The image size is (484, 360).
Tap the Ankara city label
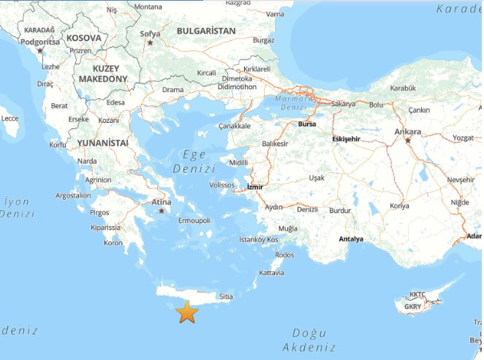tap(408, 132)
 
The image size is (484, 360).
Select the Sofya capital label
tap(150, 33)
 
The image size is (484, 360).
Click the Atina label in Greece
tap(161, 202)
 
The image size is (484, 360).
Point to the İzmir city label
tap(254, 187)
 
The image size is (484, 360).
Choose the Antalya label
tap(351, 239)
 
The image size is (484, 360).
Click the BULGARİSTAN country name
tap(206, 31)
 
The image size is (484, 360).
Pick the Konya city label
tap(400, 206)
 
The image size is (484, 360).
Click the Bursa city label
tap(307, 124)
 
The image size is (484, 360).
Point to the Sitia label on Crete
tap(226, 296)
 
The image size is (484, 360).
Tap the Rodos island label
tap(284, 255)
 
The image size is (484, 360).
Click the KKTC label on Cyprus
tap(417, 294)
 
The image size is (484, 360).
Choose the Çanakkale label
tap(234, 126)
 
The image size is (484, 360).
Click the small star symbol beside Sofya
tap(150, 42)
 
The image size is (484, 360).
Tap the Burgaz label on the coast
tap(262, 40)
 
